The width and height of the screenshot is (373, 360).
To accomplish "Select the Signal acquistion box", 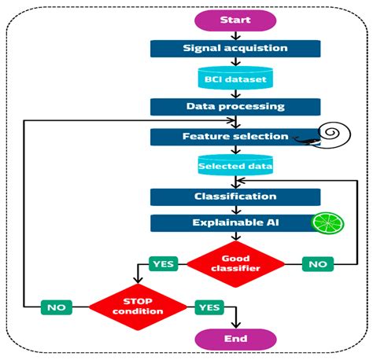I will (235, 48).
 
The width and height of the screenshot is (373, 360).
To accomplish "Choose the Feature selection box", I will (235, 137).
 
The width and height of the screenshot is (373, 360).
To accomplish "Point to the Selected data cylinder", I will (235, 166).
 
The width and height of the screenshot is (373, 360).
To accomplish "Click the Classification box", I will (235, 196).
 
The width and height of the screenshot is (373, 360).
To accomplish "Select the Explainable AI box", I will (235, 223).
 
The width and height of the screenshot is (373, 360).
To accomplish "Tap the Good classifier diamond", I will (235, 263).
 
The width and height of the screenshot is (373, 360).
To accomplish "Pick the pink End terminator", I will (235, 339).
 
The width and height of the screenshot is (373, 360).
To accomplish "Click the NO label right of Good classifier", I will (317, 264).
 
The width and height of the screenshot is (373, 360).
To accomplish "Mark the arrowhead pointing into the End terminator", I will (236, 325).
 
